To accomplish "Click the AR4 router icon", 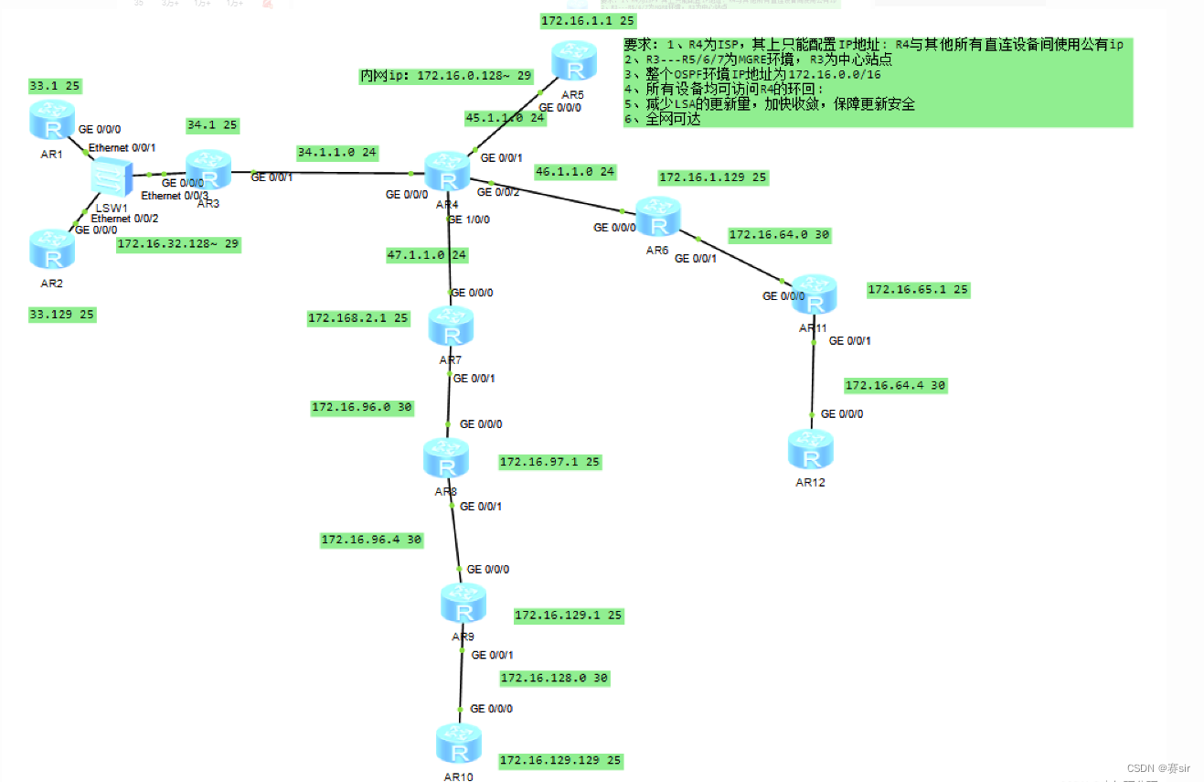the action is coord(447,172).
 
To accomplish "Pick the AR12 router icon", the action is coord(811,449).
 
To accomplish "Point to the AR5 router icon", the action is coord(573,63).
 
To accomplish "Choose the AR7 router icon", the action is coord(451,327).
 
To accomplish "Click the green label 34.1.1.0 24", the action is coord(337,152).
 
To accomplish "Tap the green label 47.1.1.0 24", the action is coord(427,255).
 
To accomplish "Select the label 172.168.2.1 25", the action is coord(358,318).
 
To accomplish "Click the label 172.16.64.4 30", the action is coord(895,386).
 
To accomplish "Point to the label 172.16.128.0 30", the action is coord(554,678).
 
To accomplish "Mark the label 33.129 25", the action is coord(62,314).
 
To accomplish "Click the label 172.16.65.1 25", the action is coord(918,289).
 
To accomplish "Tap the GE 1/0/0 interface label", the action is coord(468,220).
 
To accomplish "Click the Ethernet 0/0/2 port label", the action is coord(124,219).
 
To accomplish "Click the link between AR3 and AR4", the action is coord(329,172).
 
